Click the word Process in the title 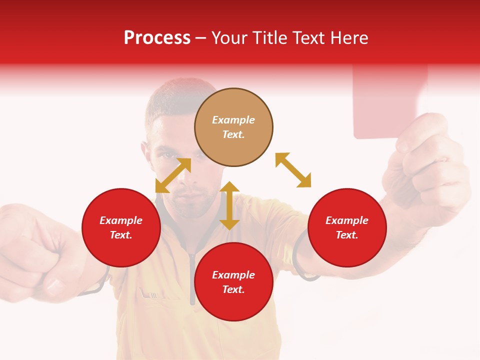pos(157,38)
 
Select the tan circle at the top pos(233,127)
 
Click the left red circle pos(121,227)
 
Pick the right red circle pos(347,227)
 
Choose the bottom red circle pos(233,282)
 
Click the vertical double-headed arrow pos(229,205)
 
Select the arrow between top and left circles pos(173,175)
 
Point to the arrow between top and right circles pos(293,170)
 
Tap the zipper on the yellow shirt pos(192,280)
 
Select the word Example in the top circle pos(233,120)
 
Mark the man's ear pos(145,150)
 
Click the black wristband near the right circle pos(300,260)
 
